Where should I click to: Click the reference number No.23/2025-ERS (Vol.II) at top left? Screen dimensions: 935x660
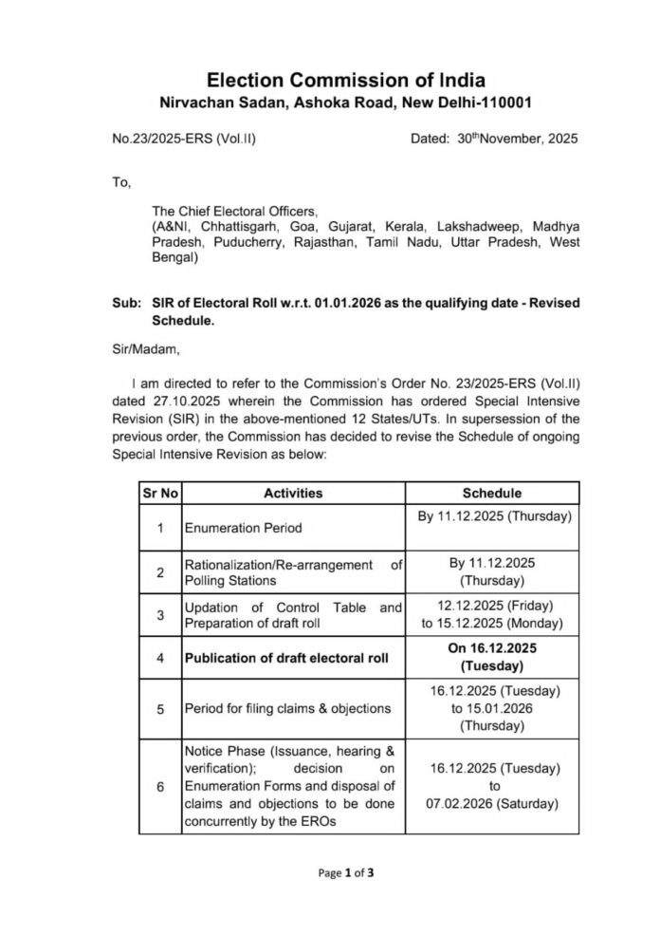pyautogui.click(x=183, y=139)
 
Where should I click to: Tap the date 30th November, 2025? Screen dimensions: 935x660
pyautogui.click(x=507, y=139)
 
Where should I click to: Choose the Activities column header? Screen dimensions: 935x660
pyautogui.click(x=293, y=493)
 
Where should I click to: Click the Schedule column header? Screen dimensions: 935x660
pyautogui.click(x=491, y=493)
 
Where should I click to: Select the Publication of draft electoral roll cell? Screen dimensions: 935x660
pyautogui.click(x=285, y=658)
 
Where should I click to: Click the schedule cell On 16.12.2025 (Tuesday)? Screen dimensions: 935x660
pyautogui.click(x=492, y=657)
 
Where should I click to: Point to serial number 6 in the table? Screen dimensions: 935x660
pyautogui.click(x=160, y=787)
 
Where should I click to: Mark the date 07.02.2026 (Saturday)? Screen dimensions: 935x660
pyautogui.click(x=492, y=803)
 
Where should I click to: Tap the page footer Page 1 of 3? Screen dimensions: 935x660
pyautogui.click(x=346, y=873)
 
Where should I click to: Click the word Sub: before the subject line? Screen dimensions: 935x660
pyautogui.click(x=125, y=303)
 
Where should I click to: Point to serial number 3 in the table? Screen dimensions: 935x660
pyautogui.click(x=160, y=614)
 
